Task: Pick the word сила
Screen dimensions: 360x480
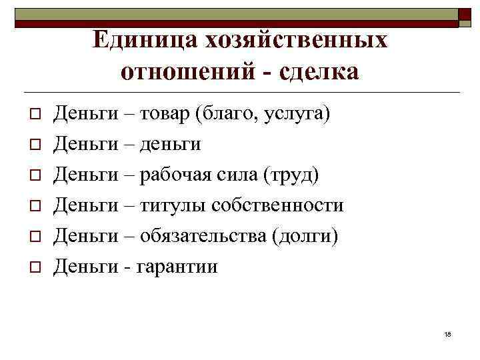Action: tap(237, 175)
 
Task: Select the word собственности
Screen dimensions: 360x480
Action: tap(277, 206)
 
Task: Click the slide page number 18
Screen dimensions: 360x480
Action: tap(447, 334)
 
